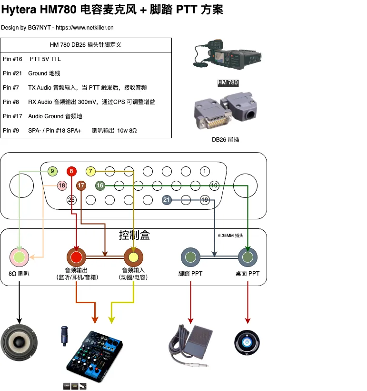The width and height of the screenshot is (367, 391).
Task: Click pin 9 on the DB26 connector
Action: tap(52, 171)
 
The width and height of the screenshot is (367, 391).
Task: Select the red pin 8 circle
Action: tap(71, 171)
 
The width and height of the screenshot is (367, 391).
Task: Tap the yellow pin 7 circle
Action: tap(90, 171)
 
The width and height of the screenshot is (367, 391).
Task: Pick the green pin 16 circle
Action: tap(100, 185)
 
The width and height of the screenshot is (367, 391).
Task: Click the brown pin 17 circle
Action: tap(81, 185)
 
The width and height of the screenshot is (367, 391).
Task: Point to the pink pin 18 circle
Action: tap(62, 185)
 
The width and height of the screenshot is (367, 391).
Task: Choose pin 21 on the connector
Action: tap(167, 200)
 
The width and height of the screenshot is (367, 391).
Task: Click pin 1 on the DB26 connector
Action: tap(205, 171)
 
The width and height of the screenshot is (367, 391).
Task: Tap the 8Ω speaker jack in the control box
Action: tap(19, 257)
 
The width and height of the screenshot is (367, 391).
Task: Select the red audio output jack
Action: tap(76, 257)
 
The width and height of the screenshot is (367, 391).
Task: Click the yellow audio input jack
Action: tap(133, 257)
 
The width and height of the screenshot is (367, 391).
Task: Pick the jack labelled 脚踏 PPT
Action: tap(190, 257)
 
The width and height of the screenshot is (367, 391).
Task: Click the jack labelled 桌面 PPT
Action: tap(248, 257)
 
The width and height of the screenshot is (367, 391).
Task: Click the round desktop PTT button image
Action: tap(247, 343)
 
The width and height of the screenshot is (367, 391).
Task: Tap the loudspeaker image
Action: tap(19, 343)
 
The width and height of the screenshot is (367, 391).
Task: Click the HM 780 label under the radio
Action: tap(228, 83)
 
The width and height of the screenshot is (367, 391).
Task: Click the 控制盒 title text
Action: tap(134, 236)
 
